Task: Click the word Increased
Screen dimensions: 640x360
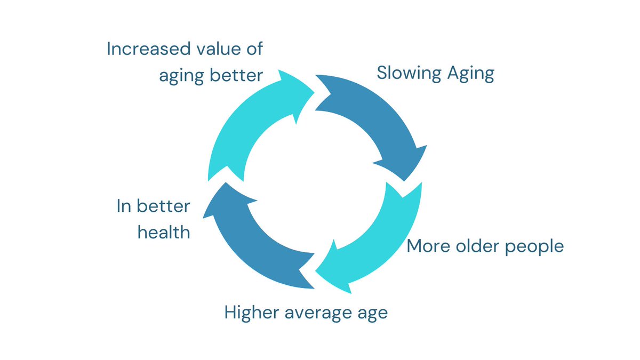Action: click(x=149, y=49)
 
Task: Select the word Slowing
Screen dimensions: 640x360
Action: click(x=409, y=74)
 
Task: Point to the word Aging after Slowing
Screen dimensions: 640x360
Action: click(x=471, y=74)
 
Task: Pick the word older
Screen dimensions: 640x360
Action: click(x=477, y=246)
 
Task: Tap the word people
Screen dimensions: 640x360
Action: click(x=534, y=247)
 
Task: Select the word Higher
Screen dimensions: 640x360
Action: click(x=251, y=313)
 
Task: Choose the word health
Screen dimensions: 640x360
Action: click(x=164, y=232)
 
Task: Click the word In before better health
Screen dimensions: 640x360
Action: click(x=123, y=206)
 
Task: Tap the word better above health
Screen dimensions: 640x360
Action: click(x=163, y=206)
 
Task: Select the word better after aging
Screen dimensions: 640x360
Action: click(x=236, y=75)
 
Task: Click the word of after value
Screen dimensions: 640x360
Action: click(x=254, y=49)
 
